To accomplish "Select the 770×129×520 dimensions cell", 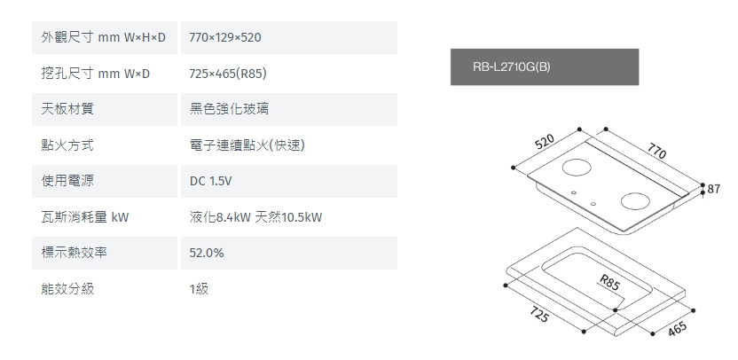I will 225,37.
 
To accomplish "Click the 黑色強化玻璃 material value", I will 231,109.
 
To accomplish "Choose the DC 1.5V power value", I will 210,181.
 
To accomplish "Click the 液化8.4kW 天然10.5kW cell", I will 255,217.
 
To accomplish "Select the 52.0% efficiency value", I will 207,253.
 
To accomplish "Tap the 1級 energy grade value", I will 199,289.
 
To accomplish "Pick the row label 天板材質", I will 67,109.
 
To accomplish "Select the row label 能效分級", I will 67,289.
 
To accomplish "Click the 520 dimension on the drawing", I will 546,143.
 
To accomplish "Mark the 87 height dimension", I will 714,189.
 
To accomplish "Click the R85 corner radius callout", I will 608,284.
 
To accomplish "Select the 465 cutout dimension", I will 678,327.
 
